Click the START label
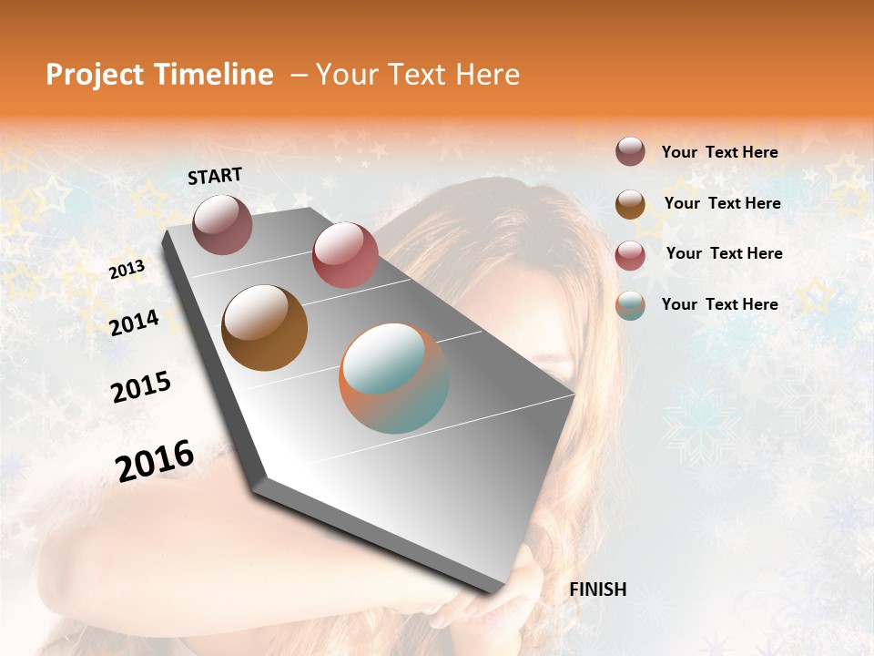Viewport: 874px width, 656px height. (215, 176)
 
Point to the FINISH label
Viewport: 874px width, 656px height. (597, 589)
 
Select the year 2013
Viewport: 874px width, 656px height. (127, 270)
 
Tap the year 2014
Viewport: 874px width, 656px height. (134, 323)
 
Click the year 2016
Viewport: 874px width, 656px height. (155, 461)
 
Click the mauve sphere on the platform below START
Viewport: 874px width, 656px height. (222, 224)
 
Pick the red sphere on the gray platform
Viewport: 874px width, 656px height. (345, 255)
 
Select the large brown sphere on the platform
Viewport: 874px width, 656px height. (265, 328)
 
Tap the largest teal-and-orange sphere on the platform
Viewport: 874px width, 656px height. (394, 378)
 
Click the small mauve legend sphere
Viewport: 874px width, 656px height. (630, 151)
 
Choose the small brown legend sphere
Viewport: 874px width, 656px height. (630, 204)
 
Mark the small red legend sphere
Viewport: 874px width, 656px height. (630, 255)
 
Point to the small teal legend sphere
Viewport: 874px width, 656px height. (630, 305)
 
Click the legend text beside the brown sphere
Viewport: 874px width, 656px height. (722, 203)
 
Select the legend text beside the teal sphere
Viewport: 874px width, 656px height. (719, 304)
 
